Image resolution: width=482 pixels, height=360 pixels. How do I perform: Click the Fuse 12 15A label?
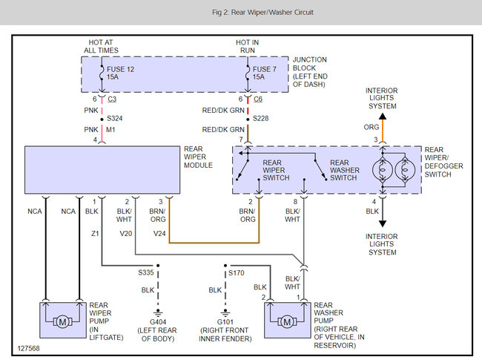[x=120, y=73]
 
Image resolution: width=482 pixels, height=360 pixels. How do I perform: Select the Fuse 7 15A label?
[x=265, y=73]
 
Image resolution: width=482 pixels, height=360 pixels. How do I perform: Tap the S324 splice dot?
[x=102, y=120]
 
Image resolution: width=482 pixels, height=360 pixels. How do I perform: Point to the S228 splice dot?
[x=248, y=120]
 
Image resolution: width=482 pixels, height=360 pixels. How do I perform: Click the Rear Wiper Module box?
[x=102, y=170]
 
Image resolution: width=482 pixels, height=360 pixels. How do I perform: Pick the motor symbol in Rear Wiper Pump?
[x=63, y=322]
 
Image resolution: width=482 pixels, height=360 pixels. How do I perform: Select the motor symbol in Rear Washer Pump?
[x=287, y=322]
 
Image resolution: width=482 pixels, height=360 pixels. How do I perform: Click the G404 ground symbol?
[x=158, y=313]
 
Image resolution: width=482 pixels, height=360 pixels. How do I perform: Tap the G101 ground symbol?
[x=225, y=313]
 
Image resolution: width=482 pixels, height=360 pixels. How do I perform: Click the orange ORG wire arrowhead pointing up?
[x=383, y=117]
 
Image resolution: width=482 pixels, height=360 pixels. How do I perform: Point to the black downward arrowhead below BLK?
[x=383, y=223]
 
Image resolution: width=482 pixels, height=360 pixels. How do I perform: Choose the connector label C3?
[x=112, y=99]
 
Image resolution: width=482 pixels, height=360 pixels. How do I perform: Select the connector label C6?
[x=258, y=99]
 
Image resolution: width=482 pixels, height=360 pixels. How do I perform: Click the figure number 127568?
[x=29, y=348]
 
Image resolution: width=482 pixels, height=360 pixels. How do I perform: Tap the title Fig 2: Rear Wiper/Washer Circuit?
[x=263, y=13]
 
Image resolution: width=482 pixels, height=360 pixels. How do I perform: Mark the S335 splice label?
[x=145, y=272]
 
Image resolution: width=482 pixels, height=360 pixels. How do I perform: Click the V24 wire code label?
[x=159, y=234]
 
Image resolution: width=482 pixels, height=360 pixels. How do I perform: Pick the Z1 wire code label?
[x=95, y=234]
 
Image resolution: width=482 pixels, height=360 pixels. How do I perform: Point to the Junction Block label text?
[x=310, y=72]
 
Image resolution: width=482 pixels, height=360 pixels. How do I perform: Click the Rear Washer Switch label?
[x=345, y=170]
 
